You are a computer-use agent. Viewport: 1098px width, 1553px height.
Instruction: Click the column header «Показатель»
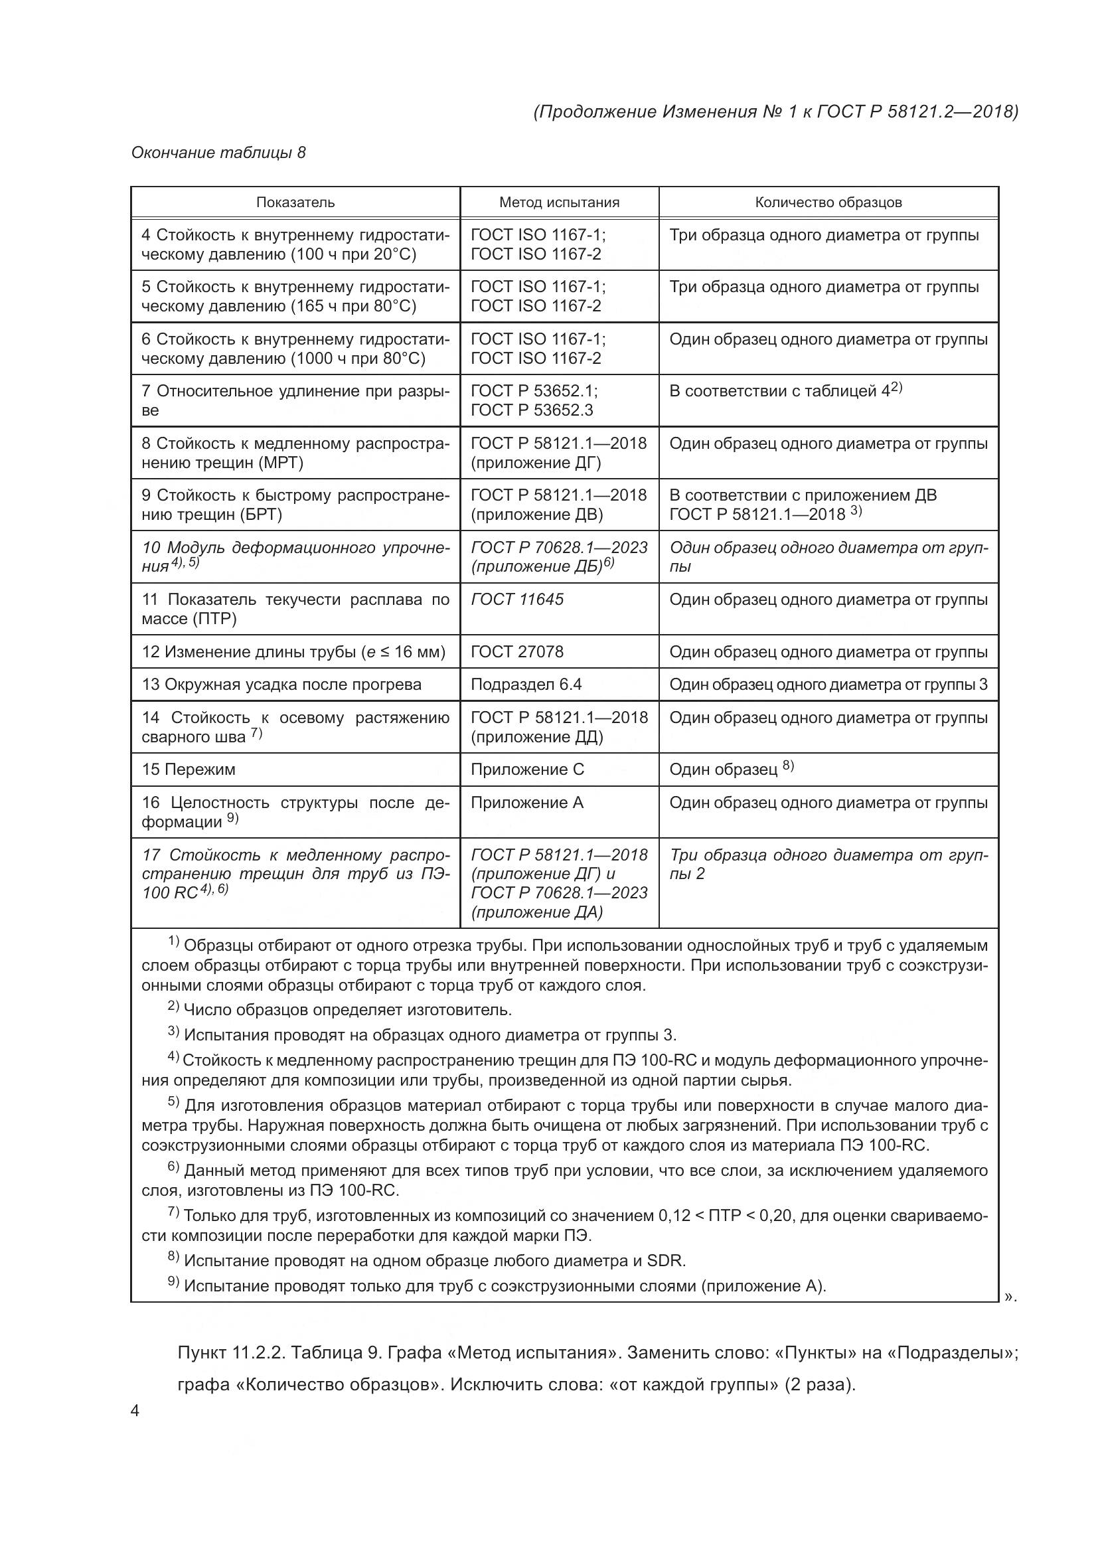click(295, 203)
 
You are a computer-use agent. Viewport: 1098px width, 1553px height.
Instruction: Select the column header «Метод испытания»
click(559, 203)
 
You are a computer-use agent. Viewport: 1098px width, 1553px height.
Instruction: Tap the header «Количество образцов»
click(828, 203)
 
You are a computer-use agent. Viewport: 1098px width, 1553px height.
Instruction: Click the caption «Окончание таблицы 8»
click(218, 153)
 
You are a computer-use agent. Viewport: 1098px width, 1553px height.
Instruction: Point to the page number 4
click(135, 1411)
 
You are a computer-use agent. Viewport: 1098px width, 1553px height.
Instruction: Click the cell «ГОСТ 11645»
click(517, 600)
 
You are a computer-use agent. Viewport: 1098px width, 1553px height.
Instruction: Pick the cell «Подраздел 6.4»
click(526, 685)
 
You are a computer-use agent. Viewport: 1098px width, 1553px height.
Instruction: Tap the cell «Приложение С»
click(527, 769)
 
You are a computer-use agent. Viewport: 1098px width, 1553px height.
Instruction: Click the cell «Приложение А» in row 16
click(526, 803)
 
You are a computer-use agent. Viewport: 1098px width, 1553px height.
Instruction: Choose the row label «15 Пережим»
click(189, 769)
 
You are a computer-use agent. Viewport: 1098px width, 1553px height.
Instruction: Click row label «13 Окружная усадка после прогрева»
click(281, 685)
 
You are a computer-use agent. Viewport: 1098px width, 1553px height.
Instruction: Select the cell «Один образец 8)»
click(731, 769)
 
